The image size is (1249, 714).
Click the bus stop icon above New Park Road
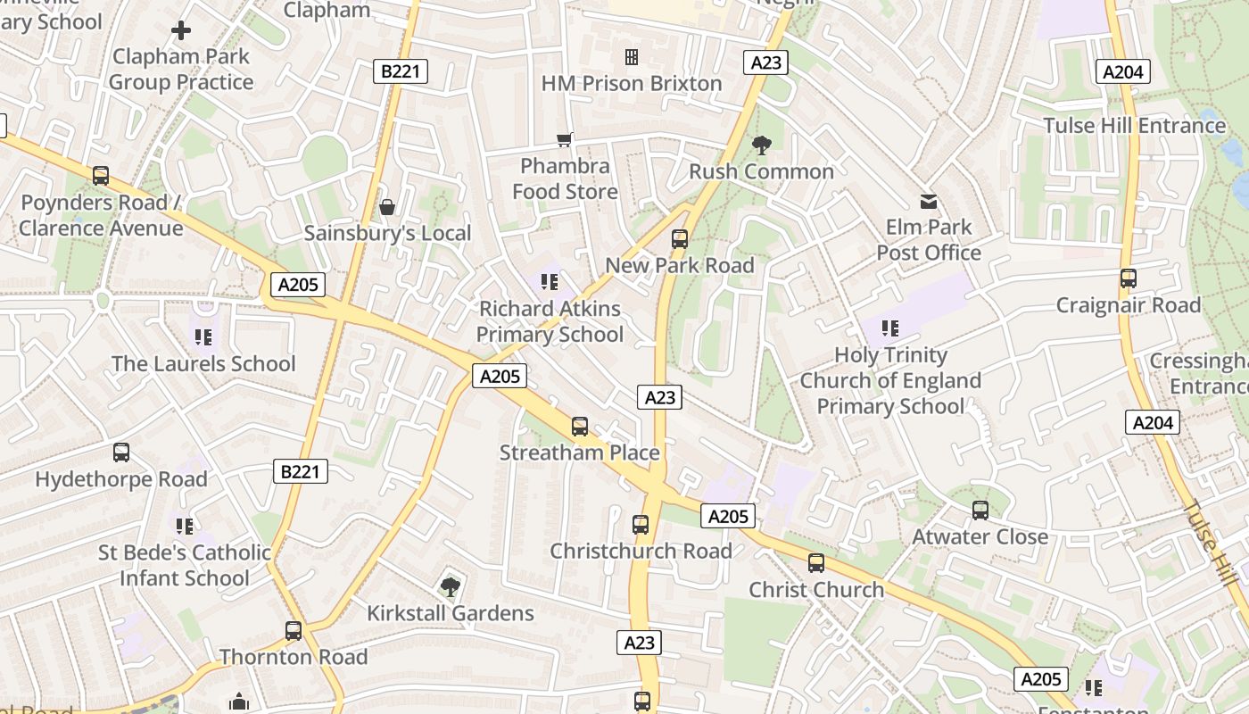point(680,239)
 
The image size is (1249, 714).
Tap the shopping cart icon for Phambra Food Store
point(564,139)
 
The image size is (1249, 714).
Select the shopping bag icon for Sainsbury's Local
point(387,207)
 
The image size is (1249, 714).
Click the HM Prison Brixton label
point(632,83)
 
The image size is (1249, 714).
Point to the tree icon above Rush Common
point(761,145)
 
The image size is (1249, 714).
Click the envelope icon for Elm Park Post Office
point(929,202)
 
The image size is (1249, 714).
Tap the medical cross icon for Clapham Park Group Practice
point(181,31)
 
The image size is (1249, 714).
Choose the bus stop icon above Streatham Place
point(580,427)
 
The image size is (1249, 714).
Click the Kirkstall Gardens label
point(451,613)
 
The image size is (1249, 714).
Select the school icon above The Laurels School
point(203,337)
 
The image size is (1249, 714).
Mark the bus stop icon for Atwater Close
point(980,511)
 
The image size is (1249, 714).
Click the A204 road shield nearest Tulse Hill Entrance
point(1123,72)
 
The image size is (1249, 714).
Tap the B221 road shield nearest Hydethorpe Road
point(300,471)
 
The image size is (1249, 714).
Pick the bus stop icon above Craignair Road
point(1129,278)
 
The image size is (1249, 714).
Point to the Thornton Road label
point(294,657)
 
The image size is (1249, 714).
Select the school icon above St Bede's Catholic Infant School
point(185,527)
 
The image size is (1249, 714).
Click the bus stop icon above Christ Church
point(816,563)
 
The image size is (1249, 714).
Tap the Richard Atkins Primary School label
point(550,321)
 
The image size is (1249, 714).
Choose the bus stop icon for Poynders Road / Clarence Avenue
point(101,176)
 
